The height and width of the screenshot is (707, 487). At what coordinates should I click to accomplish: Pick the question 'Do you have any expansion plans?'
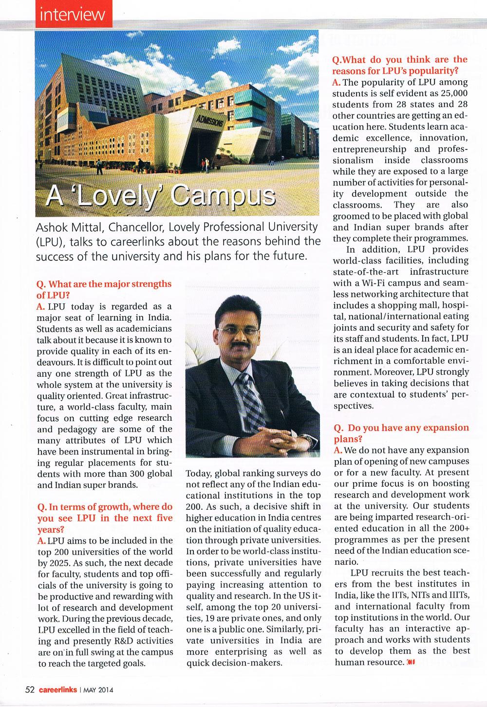coord(400,433)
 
